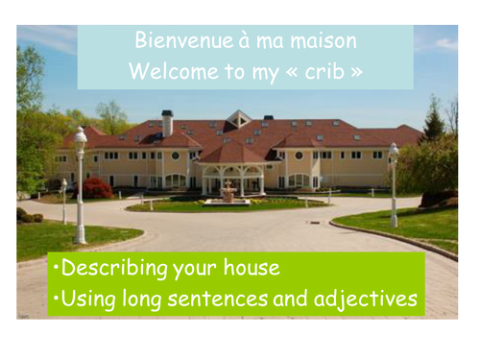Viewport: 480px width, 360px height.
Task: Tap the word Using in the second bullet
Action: click(89, 300)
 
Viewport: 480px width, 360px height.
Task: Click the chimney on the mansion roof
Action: click(167, 122)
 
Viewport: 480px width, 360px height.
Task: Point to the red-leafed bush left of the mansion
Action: click(98, 187)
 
